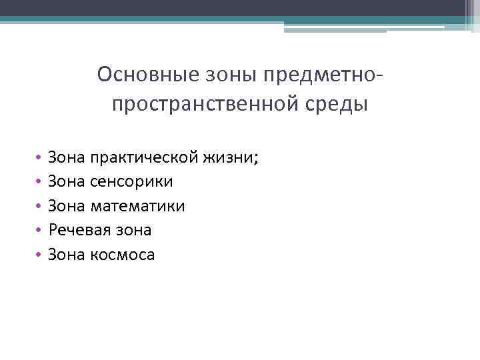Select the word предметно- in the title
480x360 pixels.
pyautogui.click(x=327, y=74)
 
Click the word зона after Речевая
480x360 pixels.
pyautogui.click(x=131, y=230)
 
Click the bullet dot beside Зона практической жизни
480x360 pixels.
pyautogui.click(x=39, y=158)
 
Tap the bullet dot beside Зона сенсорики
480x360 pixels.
pyautogui.click(x=39, y=182)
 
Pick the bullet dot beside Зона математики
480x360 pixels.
pyautogui.click(x=39, y=207)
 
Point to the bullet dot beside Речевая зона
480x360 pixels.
pyautogui.click(x=39, y=231)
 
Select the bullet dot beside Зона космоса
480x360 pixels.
pyautogui.click(x=39, y=255)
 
